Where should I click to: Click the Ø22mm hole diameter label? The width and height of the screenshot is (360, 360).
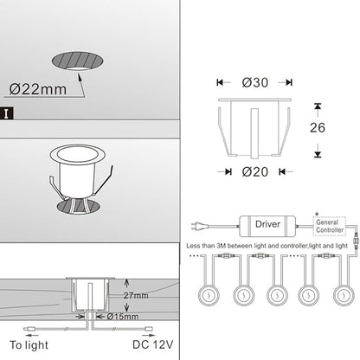pyautogui.click(x=38, y=89)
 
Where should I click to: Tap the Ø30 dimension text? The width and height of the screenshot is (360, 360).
pyautogui.click(x=255, y=82)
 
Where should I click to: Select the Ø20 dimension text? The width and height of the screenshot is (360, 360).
pyautogui.click(x=255, y=172)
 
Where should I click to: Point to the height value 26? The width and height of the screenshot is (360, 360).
pyautogui.click(x=318, y=127)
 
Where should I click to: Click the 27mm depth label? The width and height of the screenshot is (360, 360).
pyautogui.click(x=136, y=295)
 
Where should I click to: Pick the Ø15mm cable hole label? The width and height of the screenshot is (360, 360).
pyautogui.click(x=123, y=317)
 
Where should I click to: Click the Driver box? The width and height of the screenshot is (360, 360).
pyautogui.click(x=267, y=226)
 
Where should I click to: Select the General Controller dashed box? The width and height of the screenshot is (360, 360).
pyautogui.click(x=330, y=226)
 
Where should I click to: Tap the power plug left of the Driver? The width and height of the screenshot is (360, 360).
pyautogui.click(x=195, y=226)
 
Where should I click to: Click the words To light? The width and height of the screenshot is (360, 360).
pyautogui.click(x=29, y=345)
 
